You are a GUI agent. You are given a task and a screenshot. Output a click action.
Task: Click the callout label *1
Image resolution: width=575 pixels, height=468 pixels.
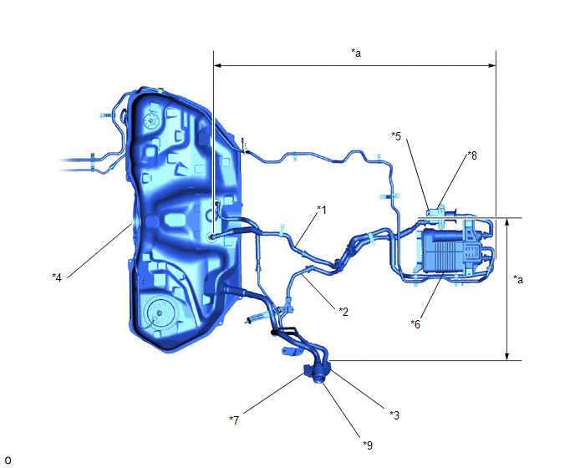point(322,210)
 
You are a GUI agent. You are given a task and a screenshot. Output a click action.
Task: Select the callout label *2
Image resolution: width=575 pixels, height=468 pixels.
point(343,312)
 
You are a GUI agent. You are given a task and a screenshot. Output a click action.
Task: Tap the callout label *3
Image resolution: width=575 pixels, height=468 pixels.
point(394,415)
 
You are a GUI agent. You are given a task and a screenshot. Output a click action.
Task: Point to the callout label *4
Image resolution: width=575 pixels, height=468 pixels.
point(57,277)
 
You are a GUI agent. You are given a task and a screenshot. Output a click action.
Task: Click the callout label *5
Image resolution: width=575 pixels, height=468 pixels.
point(396,136)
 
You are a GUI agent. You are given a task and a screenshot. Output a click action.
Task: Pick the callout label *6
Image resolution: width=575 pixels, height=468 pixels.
point(415,324)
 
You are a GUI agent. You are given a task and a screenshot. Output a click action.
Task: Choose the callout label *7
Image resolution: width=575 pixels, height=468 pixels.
point(234,420)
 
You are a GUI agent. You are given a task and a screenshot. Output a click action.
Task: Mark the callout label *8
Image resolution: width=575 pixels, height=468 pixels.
point(472,155)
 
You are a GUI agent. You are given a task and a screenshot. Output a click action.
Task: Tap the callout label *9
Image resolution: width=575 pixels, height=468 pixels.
point(368,445)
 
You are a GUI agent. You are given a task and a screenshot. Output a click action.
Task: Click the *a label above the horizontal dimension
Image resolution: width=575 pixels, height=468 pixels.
point(356,53)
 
